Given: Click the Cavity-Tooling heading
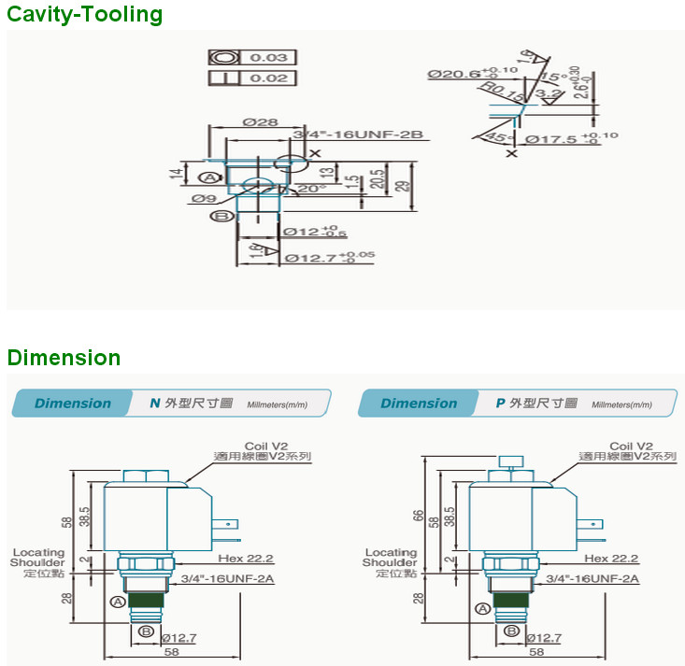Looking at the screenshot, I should (x=84, y=15).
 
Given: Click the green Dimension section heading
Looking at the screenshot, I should (x=64, y=358).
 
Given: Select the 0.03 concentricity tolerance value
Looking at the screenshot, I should (x=268, y=58).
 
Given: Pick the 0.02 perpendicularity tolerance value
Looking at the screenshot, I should (x=268, y=78).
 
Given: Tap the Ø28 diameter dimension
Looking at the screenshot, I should (x=257, y=123).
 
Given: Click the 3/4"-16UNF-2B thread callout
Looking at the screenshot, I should (x=359, y=135).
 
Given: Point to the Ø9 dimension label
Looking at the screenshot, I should (x=205, y=198).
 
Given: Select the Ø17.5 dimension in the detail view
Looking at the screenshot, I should (x=551, y=139).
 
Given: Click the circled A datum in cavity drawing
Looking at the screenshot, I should (x=210, y=177).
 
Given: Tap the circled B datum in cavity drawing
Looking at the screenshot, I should (x=221, y=216).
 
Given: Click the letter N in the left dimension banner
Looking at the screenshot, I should (x=155, y=404).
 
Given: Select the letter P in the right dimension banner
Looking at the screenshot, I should (x=500, y=404).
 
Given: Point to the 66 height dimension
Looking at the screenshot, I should (x=419, y=515).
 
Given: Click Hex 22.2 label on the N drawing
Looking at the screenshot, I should (x=247, y=559).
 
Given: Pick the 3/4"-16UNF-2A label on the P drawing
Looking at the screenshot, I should (x=592, y=579).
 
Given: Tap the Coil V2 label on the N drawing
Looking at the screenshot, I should (x=264, y=446).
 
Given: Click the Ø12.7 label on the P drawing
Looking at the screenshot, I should (x=544, y=638).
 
